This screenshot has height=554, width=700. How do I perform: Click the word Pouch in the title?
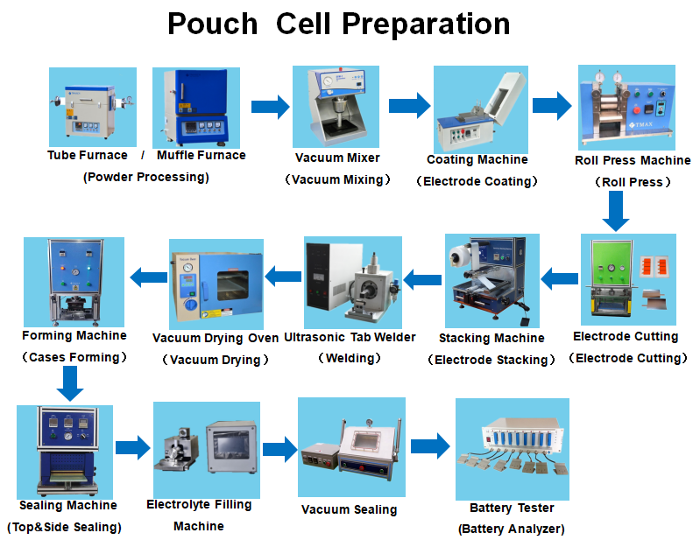(x=212, y=24)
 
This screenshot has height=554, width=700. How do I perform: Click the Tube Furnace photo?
(x=92, y=108)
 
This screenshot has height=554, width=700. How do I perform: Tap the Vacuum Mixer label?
(x=337, y=158)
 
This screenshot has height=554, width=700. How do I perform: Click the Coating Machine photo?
(x=477, y=109)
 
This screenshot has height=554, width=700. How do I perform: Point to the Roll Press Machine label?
(x=633, y=160)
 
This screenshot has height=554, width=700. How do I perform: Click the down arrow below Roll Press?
(x=617, y=211)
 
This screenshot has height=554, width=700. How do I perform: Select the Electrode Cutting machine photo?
(x=628, y=278)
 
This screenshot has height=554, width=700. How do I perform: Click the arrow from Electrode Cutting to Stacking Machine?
(x=558, y=279)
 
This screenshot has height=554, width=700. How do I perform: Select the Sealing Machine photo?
(x=65, y=451)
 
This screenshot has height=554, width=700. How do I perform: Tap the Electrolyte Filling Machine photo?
(x=206, y=447)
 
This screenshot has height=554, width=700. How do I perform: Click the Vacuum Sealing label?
(x=349, y=509)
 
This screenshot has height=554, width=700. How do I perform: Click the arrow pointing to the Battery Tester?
(x=430, y=445)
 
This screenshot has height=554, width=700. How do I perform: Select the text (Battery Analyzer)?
(x=511, y=529)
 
